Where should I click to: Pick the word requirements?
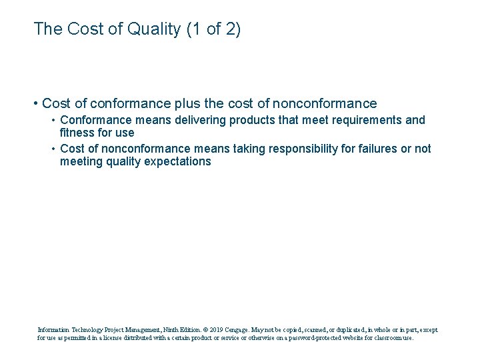tap(365, 121)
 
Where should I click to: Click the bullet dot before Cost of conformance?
tap(34, 104)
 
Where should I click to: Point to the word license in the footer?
tap(127, 338)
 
